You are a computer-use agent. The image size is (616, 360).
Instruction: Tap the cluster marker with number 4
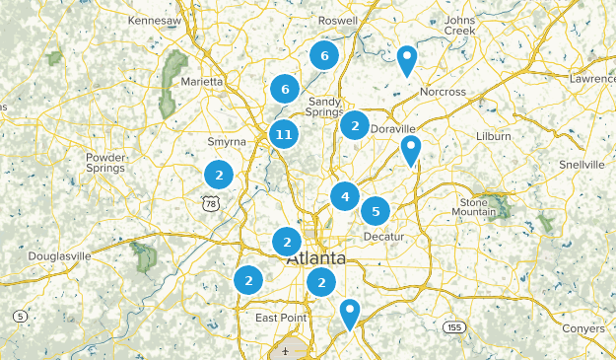[344, 196]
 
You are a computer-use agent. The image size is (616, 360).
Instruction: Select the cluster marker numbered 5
[376, 211]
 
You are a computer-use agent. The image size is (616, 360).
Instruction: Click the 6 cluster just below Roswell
[323, 55]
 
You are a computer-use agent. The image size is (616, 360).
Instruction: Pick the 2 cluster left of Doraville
[354, 125]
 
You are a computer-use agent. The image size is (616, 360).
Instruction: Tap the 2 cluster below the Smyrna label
[219, 175]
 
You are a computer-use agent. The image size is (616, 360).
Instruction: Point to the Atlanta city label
[315, 258]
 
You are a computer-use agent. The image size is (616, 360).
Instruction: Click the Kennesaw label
[156, 20]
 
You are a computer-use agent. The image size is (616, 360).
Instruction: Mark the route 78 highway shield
[209, 203]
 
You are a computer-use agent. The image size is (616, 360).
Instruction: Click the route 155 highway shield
[453, 326]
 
